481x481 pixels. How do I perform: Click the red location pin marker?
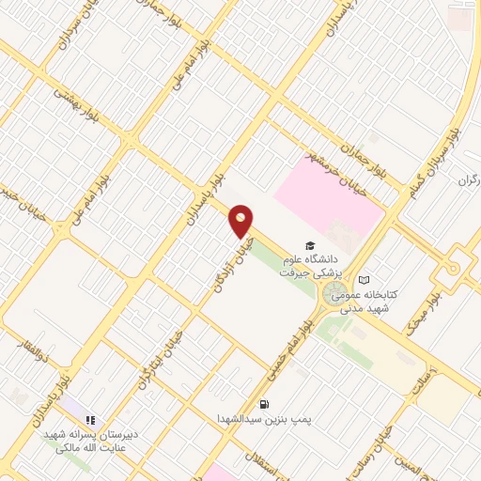pyautogui.click(x=241, y=222)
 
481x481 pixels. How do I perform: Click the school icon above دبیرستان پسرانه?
pyautogui.click(x=91, y=421)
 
